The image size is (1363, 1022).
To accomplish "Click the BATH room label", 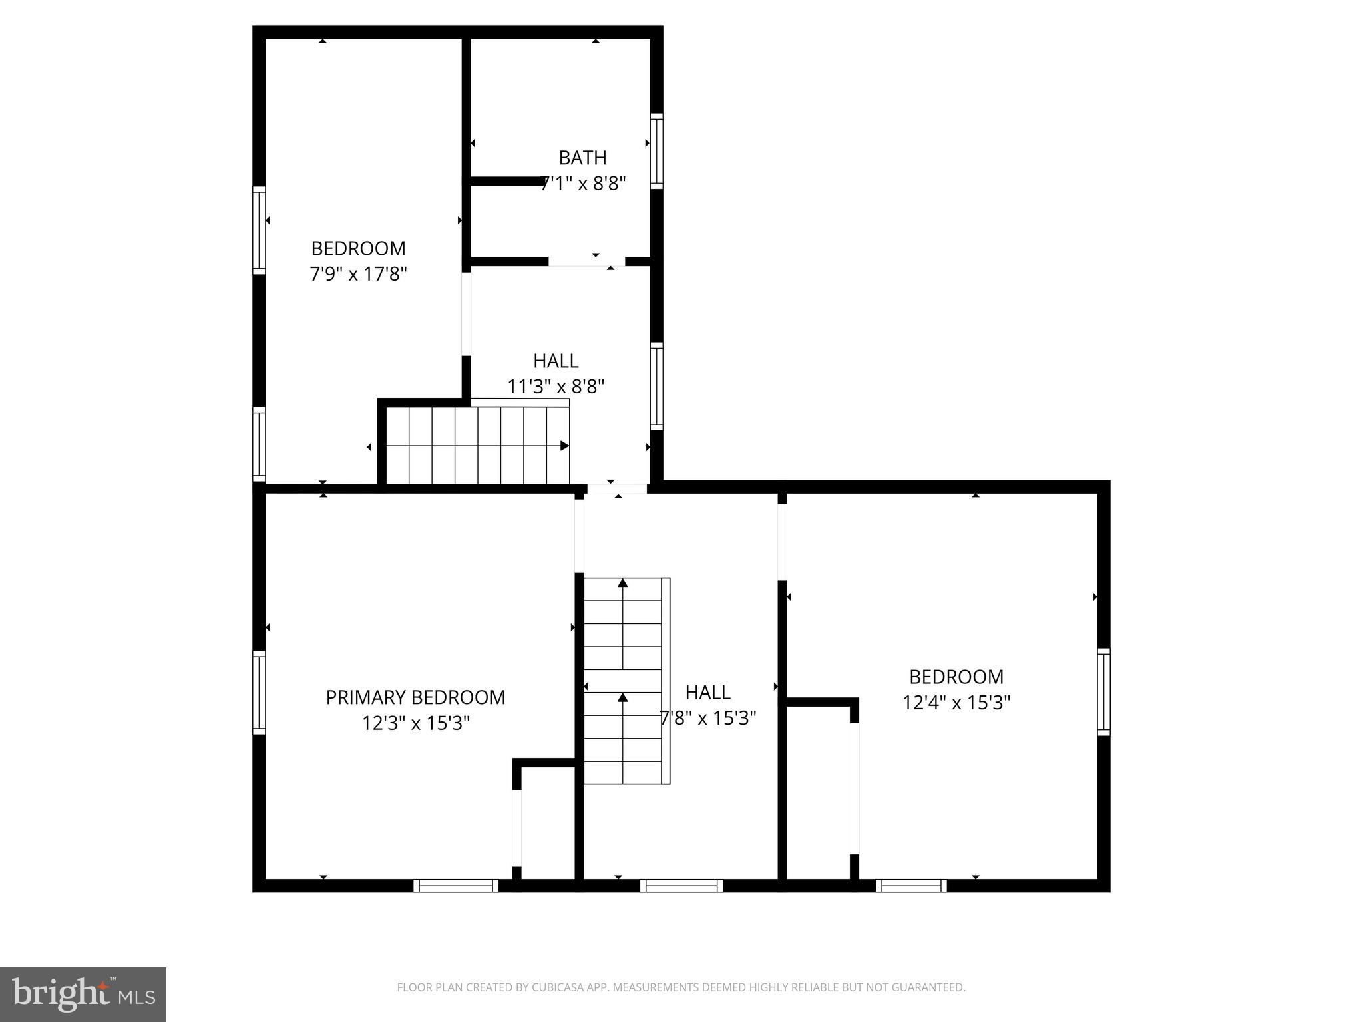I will [x=582, y=158].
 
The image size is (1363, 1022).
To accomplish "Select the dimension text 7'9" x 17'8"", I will [x=358, y=273].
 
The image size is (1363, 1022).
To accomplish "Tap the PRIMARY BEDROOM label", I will [x=415, y=697].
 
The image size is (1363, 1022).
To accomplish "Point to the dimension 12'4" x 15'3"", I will [x=956, y=703].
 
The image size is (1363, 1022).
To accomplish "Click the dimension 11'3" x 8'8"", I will [x=556, y=386].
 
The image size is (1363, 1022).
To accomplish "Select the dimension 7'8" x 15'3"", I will [x=708, y=718].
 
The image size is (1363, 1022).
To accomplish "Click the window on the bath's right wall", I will [x=656, y=151].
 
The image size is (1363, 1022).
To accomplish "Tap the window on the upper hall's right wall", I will [x=656, y=387].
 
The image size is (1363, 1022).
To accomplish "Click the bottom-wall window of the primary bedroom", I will [x=456, y=885].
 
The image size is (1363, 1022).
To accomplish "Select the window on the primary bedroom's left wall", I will [x=259, y=693].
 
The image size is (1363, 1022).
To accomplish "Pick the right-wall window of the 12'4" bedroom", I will [x=1103, y=692].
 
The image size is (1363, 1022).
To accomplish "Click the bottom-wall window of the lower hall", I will [x=681, y=885].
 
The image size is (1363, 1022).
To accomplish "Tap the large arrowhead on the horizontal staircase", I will [x=564, y=446].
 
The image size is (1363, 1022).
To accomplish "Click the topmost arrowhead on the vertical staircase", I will [x=623, y=583].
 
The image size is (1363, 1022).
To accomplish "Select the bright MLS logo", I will [x=83, y=994].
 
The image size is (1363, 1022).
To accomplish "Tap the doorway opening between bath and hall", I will [x=586, y=261].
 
